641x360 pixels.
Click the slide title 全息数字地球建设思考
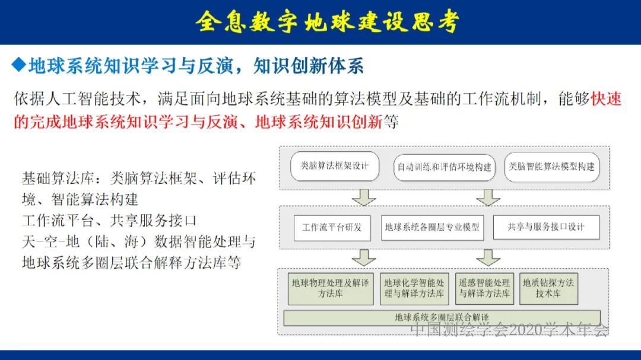(x=327, y=22)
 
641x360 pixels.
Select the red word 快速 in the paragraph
(x=606, y=99)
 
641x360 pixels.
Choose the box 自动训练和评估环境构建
(x=444, y=167)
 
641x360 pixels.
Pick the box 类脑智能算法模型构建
(x=551, y=167)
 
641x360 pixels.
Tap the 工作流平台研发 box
(x=332, y=227)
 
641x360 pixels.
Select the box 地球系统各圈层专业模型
(x=431, y=227)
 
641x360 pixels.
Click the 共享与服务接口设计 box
(x=546, y=227)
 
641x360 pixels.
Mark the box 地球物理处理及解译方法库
(x=330, y=288)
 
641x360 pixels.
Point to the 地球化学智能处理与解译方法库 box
(x=414, y=288)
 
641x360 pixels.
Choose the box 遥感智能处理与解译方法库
(x=484, y=288)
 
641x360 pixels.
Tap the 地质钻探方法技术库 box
(x=548, y=288)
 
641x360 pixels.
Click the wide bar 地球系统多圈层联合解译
(x=442, y=318)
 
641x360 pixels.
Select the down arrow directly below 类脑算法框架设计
(x=363, y=197)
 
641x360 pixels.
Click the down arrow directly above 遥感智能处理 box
(x=488, y=257)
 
